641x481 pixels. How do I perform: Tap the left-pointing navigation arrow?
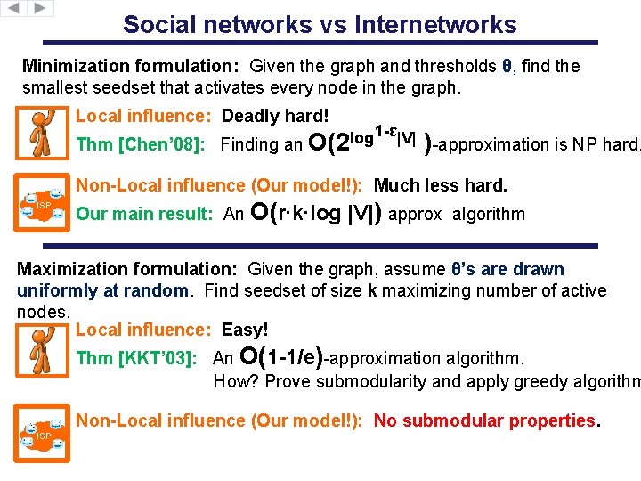pyautogui.click(x=14, y=8)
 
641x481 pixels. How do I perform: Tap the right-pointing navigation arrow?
pyautogui.click(x=41, y=8)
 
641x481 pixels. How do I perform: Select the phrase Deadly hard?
pyautogui.click(x=275, y=116)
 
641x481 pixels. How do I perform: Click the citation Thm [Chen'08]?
pyautogui.click(x=144, y=144)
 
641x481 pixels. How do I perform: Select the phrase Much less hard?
pyautogui.click(x=440, y=185)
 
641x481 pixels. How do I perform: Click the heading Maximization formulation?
pyautogui.click(x=129, y=269)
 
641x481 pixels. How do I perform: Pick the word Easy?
pyautogui.click(x=245, y=330)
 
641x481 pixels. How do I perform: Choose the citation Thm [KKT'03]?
pyautogui.click(x=136, y=358)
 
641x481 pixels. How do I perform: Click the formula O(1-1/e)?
pyautogui.click(x=281, y=357)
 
